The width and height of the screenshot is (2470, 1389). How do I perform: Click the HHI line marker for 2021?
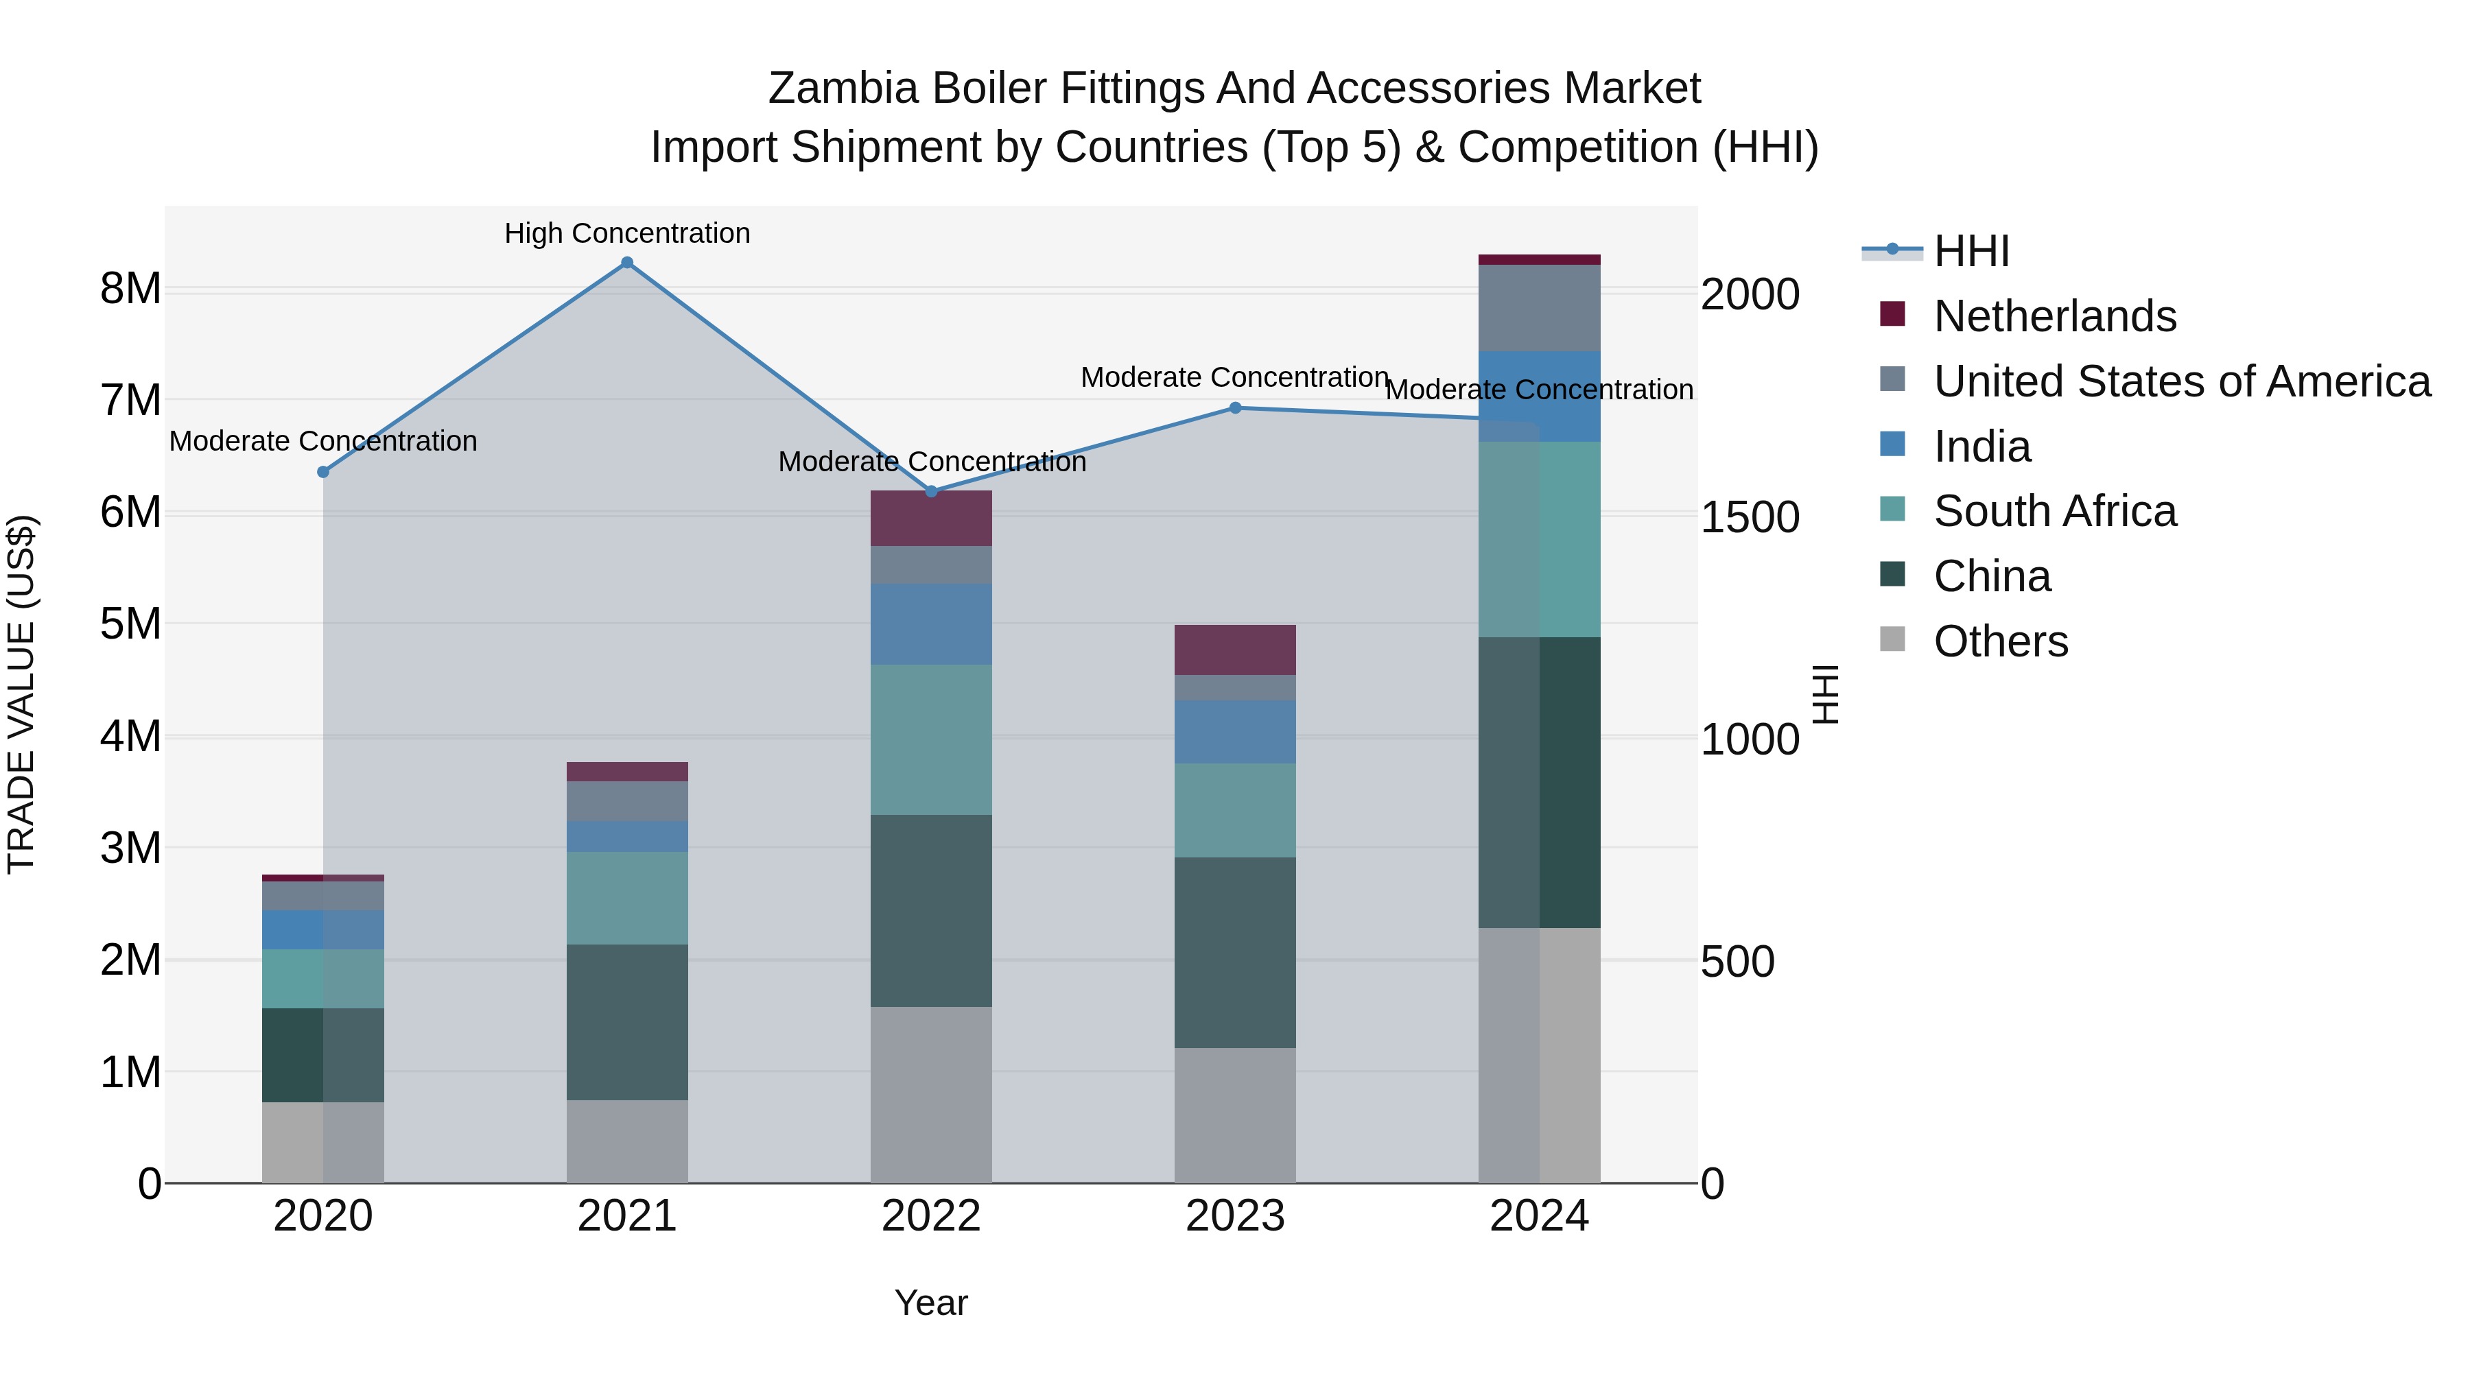tap(627, 263)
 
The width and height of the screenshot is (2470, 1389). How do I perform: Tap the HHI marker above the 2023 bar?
tap(1235, 407)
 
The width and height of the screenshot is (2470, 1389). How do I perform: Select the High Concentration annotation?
tap(627, 233)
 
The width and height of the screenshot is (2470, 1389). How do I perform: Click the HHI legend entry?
tap(1971, 251)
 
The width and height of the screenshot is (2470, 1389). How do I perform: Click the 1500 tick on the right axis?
tap(1750, 518)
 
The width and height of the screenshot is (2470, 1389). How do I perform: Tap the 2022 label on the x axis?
tap(930, 1216)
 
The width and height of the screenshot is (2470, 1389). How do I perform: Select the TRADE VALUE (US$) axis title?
tap(21, 694)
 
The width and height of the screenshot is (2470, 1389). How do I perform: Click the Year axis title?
tap(930, 1303)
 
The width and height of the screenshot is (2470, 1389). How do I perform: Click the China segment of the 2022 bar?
tap(930, 911)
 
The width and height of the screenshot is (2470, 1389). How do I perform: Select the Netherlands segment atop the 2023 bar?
tap(1235, 650)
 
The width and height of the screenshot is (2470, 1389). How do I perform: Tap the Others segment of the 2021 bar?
tap(627, 1141)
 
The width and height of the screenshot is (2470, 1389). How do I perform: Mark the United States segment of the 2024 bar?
tap(1539, 308)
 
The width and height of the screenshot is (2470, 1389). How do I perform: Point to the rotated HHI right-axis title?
tap(1824, 694)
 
